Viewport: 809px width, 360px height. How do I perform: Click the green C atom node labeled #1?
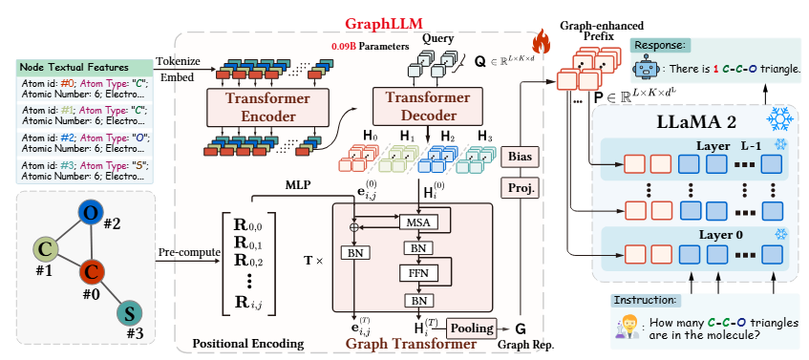tap(44, 249)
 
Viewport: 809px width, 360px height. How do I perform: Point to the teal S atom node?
tap(127, 313)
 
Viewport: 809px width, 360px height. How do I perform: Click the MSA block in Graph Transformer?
tap(416, 222)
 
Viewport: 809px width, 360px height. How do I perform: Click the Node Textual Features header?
tap(76, 68)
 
